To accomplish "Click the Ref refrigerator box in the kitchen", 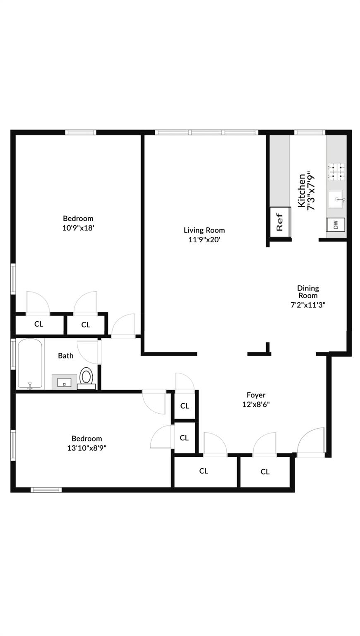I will coord(280,222).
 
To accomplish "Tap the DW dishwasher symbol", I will coord(336,225).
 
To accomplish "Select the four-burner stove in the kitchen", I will coord(336,172).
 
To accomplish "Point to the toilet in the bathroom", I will coord(86,378).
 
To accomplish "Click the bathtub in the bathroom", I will coord(30,364).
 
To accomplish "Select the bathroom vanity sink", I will coord(64,382).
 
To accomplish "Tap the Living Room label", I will coord(204,230).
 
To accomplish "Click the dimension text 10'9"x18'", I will coord(78,227).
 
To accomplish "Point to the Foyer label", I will coord(256,395).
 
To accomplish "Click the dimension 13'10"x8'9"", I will coord(86,448).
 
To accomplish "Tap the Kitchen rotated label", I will coord(302,190).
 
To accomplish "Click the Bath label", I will coord(66,356).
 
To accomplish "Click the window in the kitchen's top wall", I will coord(310,132).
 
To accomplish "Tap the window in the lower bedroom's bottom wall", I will coord(46,490).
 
